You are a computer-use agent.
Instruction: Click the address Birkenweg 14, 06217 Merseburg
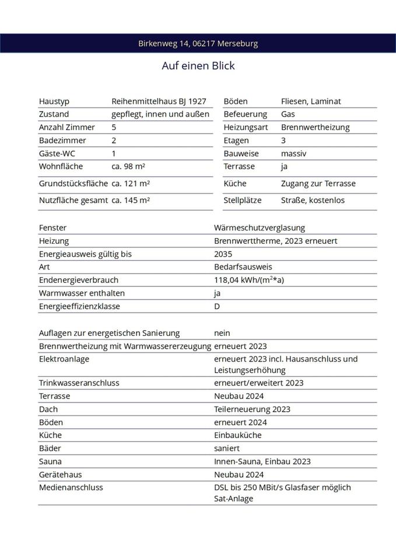coord(198,44)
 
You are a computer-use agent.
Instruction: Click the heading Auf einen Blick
coord(198,66)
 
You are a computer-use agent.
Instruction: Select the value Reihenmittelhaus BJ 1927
coord(159,101)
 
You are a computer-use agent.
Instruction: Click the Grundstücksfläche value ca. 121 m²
coord(131,184)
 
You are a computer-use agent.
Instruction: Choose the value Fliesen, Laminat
coord(311,101)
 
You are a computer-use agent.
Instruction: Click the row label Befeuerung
coord(245,114)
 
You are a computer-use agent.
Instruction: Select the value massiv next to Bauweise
coord(293,153)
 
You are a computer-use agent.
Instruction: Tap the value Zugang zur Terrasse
coord(318,184)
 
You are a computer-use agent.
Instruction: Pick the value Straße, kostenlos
coord(313,201)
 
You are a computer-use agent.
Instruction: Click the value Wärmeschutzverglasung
coord(260,228)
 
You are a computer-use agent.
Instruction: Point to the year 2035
coord(223,254)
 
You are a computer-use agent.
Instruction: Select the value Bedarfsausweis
coord(243,267)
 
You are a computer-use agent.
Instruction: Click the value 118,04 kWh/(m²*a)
coord(249,281)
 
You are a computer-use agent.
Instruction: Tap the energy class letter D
coord(217,306)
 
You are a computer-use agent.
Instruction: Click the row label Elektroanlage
coord(64,359)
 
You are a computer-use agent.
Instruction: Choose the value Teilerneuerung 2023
coord(252,409)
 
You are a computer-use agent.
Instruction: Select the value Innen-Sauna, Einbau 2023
coord(262,461)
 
